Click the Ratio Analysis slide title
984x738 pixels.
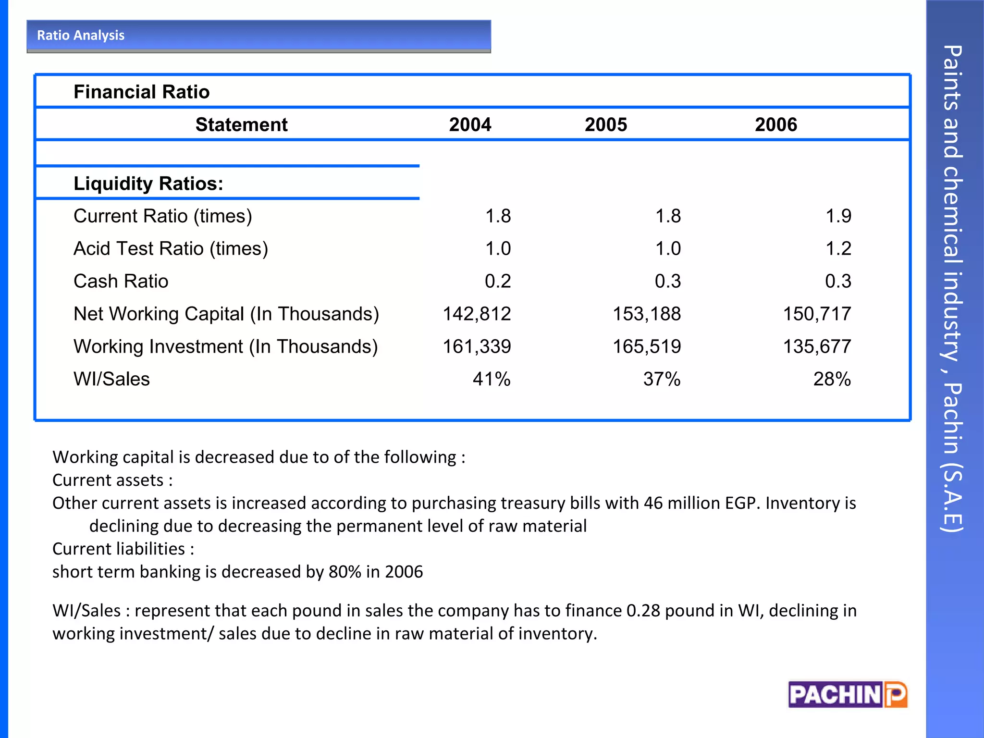click(x=81, y=36)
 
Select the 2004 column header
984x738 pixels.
click(x=470, y=125)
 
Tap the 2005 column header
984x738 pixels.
click(x=605, y=125)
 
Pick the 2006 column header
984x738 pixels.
click(x=775, y=125)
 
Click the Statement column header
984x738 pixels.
click(x=241, y=125)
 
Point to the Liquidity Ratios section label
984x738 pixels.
click(x=148, y=184)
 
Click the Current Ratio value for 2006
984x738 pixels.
click(x=838, y=216)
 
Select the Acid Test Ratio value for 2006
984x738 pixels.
click(x=838, y=249)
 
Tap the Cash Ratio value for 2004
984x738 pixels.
click(x=498, y=282)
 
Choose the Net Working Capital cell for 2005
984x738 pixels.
click(x=647, y=314)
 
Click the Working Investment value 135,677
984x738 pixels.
click(x=817, y=347)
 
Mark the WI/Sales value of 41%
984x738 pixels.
click(x=491, y=380)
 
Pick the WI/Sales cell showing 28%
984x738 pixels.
click(x=832, y=380)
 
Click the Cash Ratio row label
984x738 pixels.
click(x=121, y=282)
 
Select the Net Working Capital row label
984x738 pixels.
click(x=226, y=314)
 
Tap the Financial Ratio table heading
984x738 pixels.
click(x=141, y=92)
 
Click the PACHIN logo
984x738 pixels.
click(x=848, y=695)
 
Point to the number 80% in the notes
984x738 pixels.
click(x=344, y=572)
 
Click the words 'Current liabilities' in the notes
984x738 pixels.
click(x=119, y=549)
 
